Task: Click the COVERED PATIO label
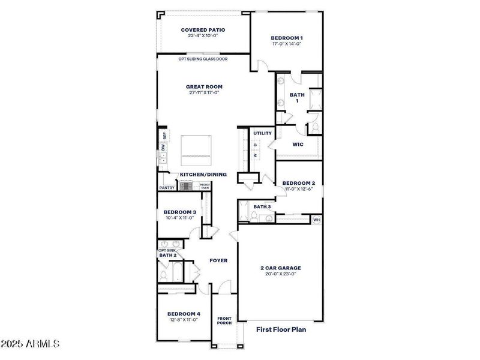coord(203,29)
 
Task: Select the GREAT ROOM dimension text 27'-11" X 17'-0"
coord(204,93)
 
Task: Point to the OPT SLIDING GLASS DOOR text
coord(203,59)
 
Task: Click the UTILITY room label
coord(262,133)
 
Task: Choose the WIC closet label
coord(298,144)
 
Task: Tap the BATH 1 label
coord(297,98)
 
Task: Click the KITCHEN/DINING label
coord(203,175)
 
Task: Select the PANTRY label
coord(167,188)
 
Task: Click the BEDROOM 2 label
coord(298,183)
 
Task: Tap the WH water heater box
coord(316,220)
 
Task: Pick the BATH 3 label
coord(262,207)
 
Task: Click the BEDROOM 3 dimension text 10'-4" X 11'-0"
coord(180,218)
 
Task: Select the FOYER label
coord(218,260)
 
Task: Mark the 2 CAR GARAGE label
coord(281,268)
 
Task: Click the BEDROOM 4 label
coord(184,314)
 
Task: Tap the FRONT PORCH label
coord(224,320)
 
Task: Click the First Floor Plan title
coord(281,329)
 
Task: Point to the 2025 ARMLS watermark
coord(30,344)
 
